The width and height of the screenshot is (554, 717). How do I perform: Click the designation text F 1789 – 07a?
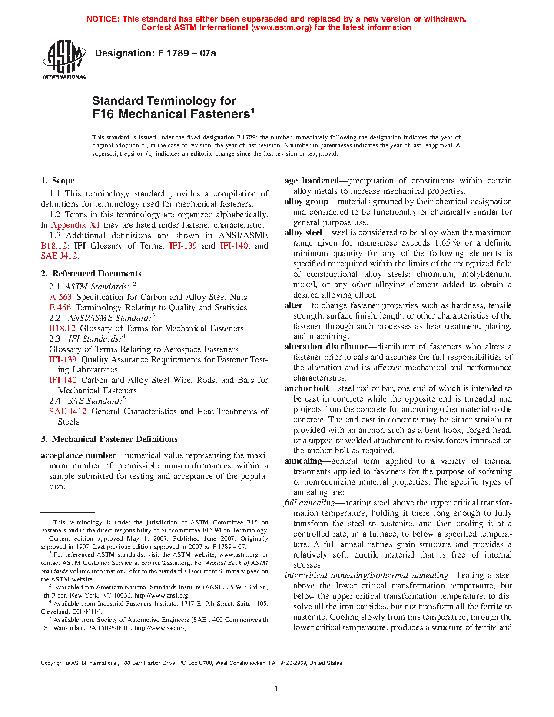tap(155, 53)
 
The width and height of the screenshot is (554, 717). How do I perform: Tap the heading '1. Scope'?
tap(57, 181)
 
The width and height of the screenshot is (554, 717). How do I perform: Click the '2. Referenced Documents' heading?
tap(91, 274)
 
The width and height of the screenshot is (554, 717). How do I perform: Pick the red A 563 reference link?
tap(60, 297)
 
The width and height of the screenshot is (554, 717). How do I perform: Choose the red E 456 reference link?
tap(60, 308)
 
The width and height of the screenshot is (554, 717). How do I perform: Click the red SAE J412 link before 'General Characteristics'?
tap(68, 412)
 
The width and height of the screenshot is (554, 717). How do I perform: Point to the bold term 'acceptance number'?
tap(78, 455)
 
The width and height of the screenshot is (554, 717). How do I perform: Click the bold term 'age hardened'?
tap(312, 181)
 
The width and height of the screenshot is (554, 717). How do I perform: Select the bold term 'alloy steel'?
tap(303, 232)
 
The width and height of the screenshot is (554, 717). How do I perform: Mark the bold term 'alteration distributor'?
tap(326, 347)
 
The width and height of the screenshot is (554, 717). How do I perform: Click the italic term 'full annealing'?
tap(309, 503)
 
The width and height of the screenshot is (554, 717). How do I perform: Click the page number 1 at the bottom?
tap(276, 688)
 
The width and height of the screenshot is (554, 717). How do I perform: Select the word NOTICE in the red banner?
tap(103, 19)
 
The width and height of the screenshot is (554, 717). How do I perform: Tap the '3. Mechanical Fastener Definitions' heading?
tap(109, 439)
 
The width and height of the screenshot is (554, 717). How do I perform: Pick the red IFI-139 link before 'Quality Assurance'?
tap(63, 360)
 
